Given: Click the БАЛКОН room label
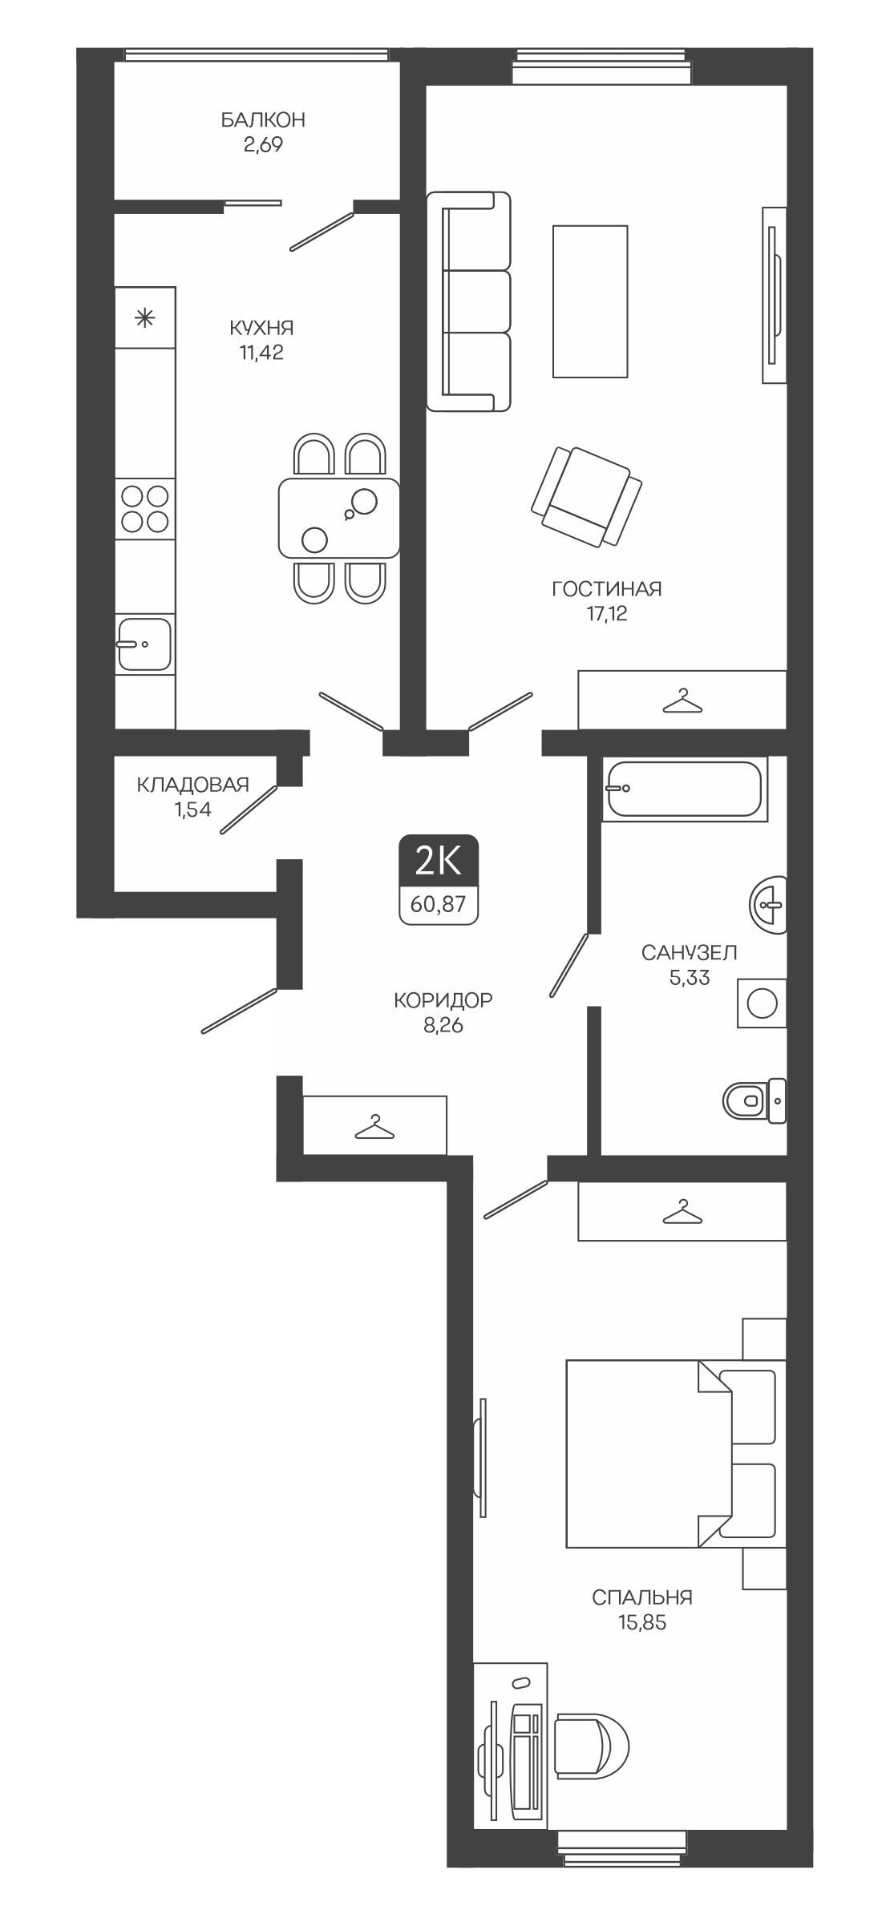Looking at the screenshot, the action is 263,120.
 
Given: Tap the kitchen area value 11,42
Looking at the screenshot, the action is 261,353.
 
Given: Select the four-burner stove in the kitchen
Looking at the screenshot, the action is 145,509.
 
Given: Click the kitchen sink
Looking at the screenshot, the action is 144,644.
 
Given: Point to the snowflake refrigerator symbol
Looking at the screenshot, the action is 144,318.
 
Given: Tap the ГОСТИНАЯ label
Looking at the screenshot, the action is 607,590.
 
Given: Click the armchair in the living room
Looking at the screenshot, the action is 586,497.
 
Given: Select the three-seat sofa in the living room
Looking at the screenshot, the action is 469,301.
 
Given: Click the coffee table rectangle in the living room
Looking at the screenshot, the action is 590,301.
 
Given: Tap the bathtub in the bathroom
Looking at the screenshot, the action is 684,789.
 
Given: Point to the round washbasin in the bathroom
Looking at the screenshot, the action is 768,905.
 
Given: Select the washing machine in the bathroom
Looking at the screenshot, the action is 762,1003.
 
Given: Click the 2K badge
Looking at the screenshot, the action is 439,862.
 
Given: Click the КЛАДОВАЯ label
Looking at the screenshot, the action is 193,785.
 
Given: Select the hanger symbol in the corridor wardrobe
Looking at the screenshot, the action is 374,1128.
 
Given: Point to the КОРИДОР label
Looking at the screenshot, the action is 443,1000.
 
